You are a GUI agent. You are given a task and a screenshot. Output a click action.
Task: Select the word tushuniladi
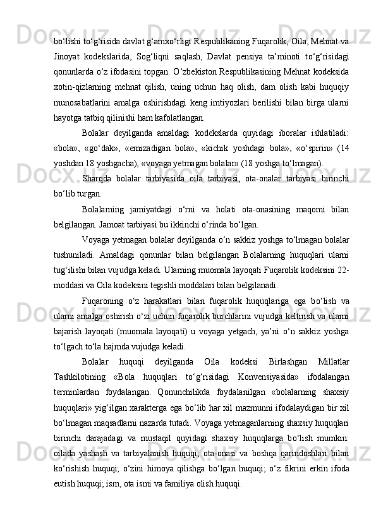coord(73,253)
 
